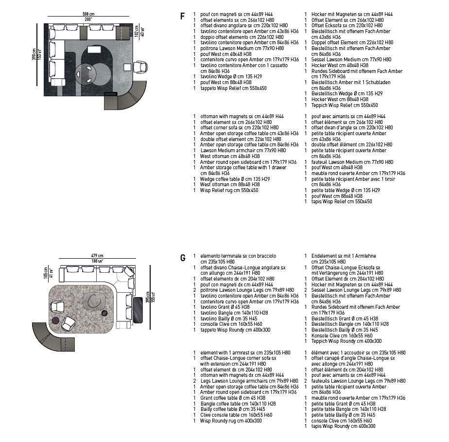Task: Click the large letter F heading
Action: [x=182, y=16]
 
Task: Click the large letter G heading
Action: [x=183, y=258]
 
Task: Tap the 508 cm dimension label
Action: [x=88, y=14]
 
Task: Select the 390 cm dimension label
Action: [x=34, y=54]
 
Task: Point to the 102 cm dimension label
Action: [x=137, y=31]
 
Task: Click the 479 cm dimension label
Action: [x=97, y=255]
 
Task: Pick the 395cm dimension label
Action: [x=148, y=297]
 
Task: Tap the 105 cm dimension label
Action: [x=46, y=273]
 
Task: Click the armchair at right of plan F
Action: [x=140, y=67]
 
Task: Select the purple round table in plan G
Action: [x=55, y=320]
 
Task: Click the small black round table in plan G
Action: [x=104, y=313]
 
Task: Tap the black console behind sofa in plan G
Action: [x=138, y=310]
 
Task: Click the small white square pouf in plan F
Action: [x=127, y=67]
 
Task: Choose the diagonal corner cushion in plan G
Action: [x=129, y=271]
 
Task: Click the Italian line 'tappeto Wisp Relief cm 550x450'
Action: [x=233, y=88]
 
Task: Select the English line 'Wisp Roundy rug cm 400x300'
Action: [x=231, y=421]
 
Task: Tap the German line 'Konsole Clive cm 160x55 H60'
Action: [x=342, y=336]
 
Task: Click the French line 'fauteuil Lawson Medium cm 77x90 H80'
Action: [x=352, y=162]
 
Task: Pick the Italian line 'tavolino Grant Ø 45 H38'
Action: [x=225, y=307]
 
